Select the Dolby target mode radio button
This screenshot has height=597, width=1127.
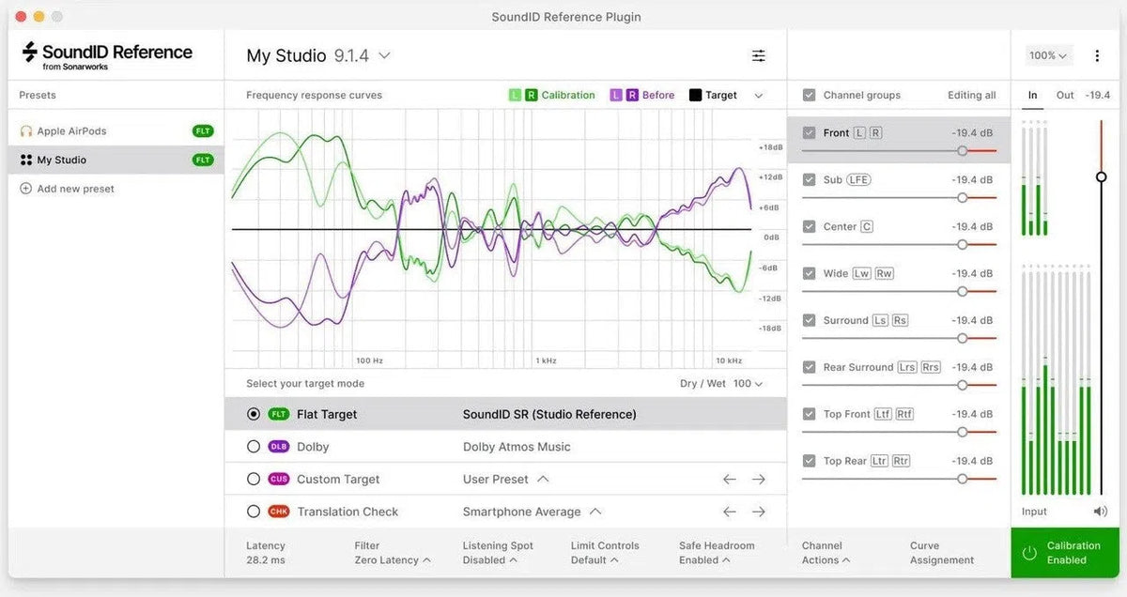pos(254,447)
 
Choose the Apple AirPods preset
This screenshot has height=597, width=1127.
pos(71,131)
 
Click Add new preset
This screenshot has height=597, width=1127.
pos(75,189)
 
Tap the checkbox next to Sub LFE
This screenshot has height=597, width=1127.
pos(809,179)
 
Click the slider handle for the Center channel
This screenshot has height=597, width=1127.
pos(962,244)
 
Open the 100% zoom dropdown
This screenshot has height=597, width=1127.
pos(1048,55)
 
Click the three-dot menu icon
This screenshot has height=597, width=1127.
pos(1097,55)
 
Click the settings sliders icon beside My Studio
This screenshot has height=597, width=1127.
pos(759,56)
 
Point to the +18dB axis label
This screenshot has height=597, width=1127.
pos(770,147)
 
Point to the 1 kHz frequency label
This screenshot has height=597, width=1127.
pos(546,360)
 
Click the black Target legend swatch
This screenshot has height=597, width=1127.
pos(695,95)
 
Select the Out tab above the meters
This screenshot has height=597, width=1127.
pos(1065,95)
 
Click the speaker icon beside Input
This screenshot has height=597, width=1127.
pos(1100,512)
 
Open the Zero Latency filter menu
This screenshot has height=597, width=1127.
pos(393,560)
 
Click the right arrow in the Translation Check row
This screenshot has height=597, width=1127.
pos(759,512)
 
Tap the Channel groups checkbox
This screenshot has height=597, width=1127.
pos(809,95)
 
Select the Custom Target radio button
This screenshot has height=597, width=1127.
pos(254,479)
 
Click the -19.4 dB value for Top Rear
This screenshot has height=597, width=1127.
pos(972,461)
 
